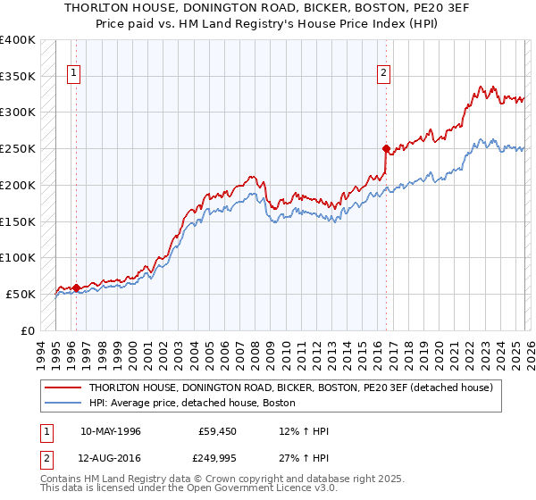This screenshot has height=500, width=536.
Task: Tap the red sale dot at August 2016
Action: [386, 148]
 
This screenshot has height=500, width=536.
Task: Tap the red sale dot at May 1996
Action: [77, 287]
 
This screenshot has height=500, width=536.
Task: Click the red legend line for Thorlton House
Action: [63, 387]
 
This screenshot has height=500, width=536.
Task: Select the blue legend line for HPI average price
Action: [63, 404]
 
